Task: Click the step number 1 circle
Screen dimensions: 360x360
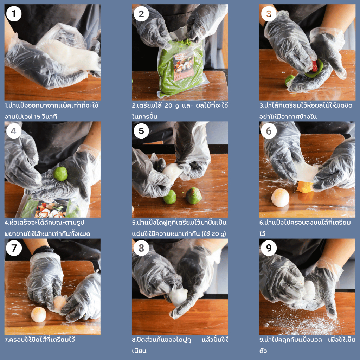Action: pyautogui.click(x=14, y=14)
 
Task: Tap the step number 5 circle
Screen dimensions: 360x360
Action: pyautogui.click(x=141, y=131)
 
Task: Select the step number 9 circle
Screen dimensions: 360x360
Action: pyautogui.click(x=269, y=248)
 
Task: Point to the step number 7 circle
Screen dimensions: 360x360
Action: pyautogui.click(x=14, y=248)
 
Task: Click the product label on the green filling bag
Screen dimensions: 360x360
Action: pyautogui.click(x=183, y=66)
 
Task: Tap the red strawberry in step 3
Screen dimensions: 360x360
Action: pyautogui.click(x=314, y=66)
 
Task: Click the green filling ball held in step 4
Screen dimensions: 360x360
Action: pyautogui.click(x=60, y=174)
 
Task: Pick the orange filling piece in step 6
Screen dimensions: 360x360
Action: pyautogui.click(x=305, y=187)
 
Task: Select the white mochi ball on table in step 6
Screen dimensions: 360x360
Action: pyautogui.click(x=280, y=198)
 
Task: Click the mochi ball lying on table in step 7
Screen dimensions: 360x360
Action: pyautogui.click(x=39, y=315)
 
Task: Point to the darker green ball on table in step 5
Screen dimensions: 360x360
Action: pyautogui.click(x=194, y=195)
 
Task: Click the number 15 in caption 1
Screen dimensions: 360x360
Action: pyautogui.click(x=37, y=117)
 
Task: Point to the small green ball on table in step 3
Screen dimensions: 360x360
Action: pyautogui.click(x=289, y=80)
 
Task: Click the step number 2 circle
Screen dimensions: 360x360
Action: pyautogui.click(x=141, y=14)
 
